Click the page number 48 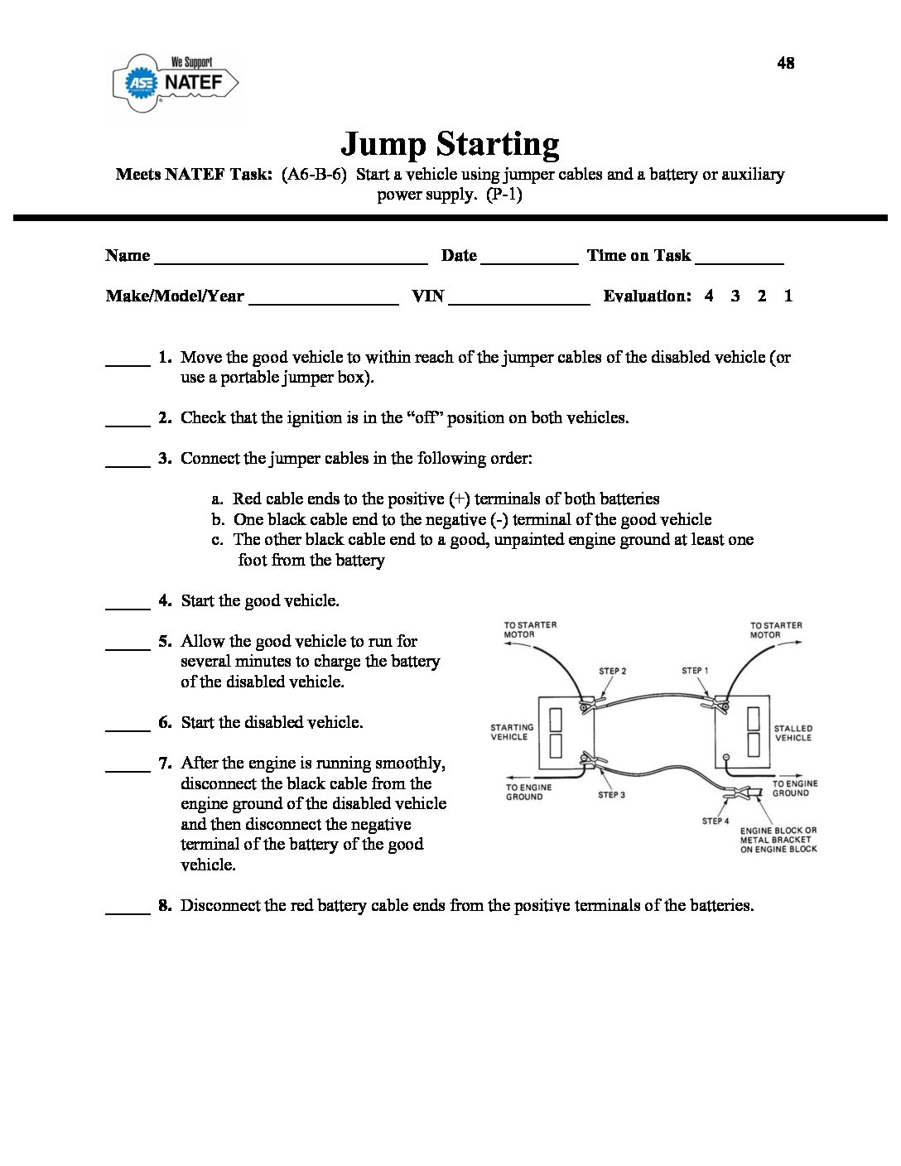click(785, 63)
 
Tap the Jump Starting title click(450, 144)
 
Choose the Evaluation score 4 click(709, 296)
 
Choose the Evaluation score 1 click(788, 296)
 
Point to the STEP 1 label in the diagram click(695, 670)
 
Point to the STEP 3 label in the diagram click(612, 795)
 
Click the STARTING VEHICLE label click(512, 732)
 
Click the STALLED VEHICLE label click(793, 733)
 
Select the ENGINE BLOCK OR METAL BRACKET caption click(778, 840)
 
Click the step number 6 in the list click(165, 722)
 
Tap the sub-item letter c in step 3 click(217, 540)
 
